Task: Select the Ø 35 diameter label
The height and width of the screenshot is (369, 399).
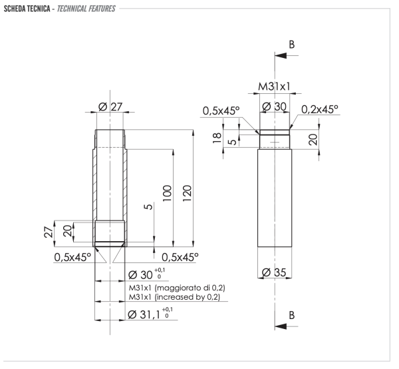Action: tap(274, 273)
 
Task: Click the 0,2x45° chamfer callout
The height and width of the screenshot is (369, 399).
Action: tap(320, 109)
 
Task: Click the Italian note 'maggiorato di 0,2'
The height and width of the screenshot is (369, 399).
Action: tap(176, 288)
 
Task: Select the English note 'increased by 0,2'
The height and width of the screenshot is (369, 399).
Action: tap(176, 297)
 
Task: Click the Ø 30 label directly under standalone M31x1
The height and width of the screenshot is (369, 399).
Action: tap(274, 107)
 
